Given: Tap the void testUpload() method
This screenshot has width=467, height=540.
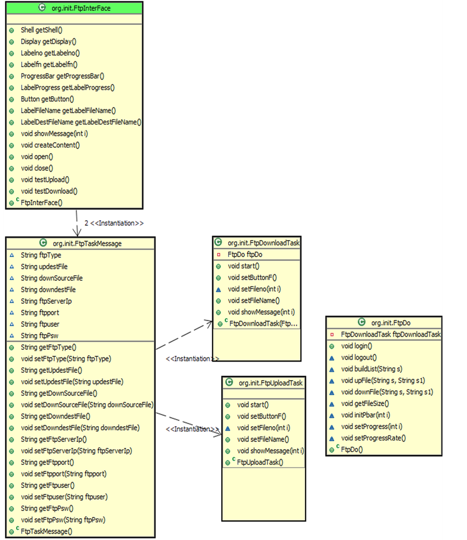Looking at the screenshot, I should click(x=45, y=179).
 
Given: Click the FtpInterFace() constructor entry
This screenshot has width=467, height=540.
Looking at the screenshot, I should click(x=41, y=203).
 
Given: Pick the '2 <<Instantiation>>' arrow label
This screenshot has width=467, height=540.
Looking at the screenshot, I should click(x=114, y=223).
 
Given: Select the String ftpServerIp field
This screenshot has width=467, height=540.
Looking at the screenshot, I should click(x=46, y=301).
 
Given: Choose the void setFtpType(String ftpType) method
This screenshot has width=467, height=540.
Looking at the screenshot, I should click(x=66, y=358).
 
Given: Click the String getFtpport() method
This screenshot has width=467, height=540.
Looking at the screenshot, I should click(x=47, y=462).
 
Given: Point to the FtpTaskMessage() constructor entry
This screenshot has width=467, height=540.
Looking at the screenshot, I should click(x=46, y=531).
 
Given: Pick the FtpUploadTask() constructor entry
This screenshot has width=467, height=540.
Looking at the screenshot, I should click(x=260, y=462).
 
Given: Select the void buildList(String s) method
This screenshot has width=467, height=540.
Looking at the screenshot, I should click(x=371, y=369).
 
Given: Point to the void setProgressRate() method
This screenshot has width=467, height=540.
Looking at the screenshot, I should click(x=373, y=438).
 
